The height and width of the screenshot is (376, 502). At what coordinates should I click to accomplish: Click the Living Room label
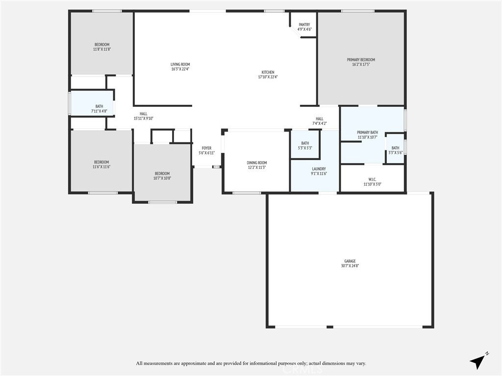(x=180, y=65)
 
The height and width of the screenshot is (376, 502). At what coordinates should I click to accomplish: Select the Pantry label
(x=304, y=24)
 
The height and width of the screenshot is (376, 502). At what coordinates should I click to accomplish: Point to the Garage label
(x=350, y=261)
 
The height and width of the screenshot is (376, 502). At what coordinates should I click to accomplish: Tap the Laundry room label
(x=319, y=169)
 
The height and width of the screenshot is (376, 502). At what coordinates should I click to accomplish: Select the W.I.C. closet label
(x=372, y=179)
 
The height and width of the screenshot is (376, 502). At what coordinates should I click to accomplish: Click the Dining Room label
(x=256, y=163)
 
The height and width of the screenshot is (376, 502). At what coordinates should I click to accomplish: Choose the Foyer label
(x=206, y=148)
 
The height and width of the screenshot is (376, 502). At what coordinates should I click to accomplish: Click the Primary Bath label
(x=367, y=132)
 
